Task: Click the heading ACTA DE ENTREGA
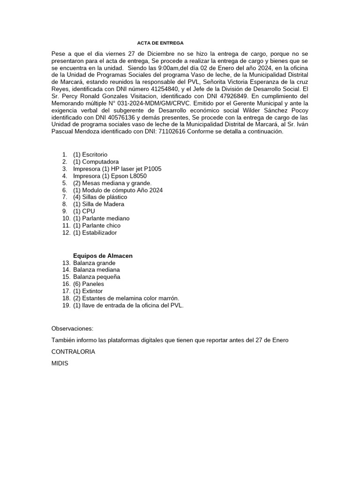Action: pos(157,43)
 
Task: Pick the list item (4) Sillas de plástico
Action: pos(100,197)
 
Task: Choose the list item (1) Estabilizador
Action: pos(95,232)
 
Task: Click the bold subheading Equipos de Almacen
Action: pos(103,255)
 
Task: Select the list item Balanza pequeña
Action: pos(97,277)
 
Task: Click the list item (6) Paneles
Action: pos(89,284)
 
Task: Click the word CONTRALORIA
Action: pos(73,352)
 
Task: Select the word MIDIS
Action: pos(60,363)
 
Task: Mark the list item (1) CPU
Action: pos(84,211)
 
